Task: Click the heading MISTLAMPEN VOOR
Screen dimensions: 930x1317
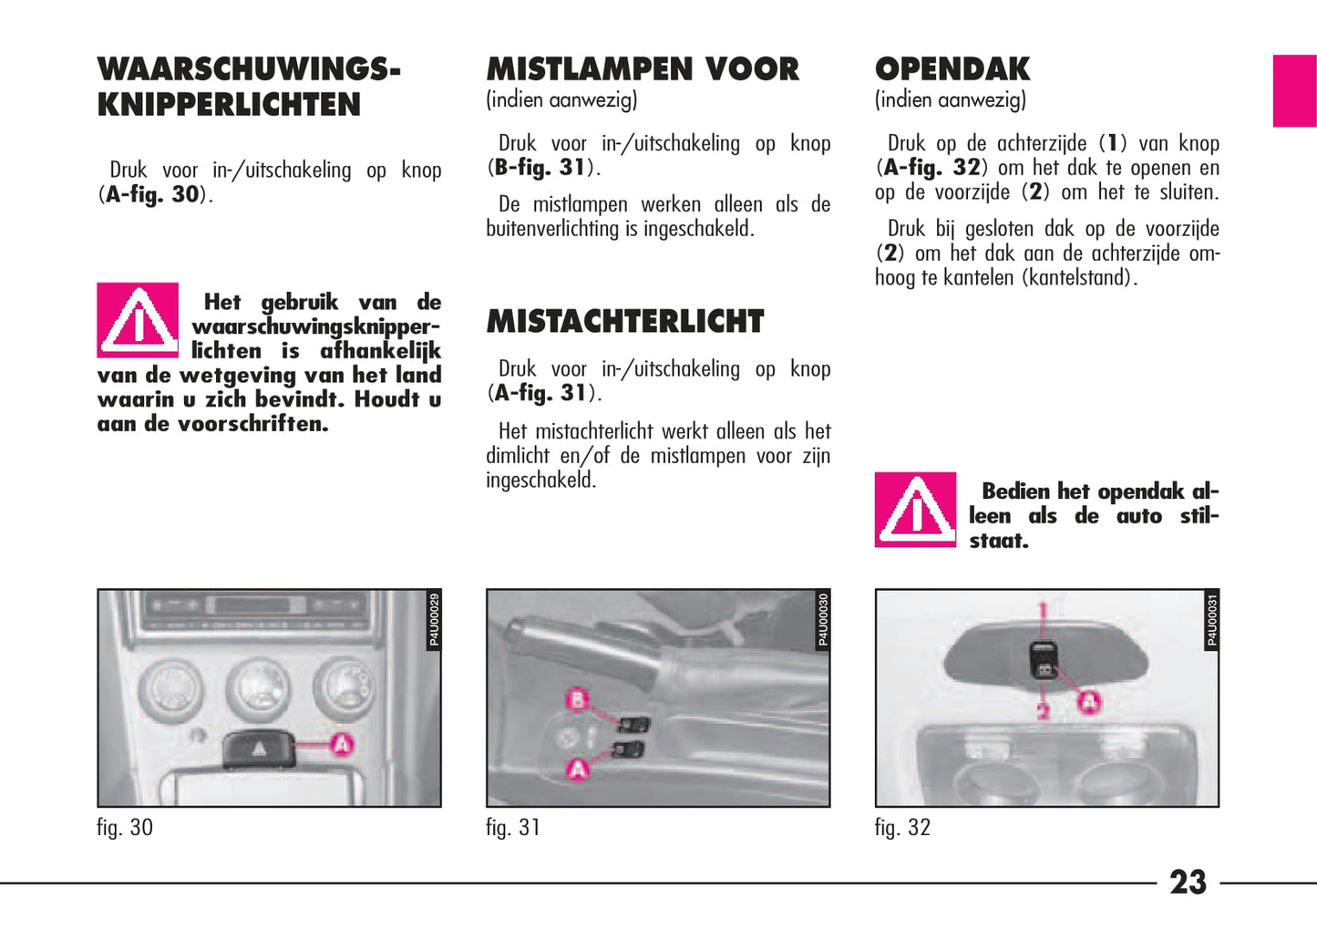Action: pyautogui.click(x=643, y=69)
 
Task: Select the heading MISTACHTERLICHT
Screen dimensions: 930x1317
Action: pyautogui.click(x=624, y=321)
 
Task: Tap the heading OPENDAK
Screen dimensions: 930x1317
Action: pyautogui.click(x=952, y=69)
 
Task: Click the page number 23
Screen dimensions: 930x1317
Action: pyautogui.click(x=1187, y=882)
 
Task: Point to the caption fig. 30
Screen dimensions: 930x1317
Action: pyautogui.click(x=125, y=827)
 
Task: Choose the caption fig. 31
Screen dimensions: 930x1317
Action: pyautogui.click(x=513, y=827)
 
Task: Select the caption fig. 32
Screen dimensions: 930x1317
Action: pyautogui.click(x=902, y=827)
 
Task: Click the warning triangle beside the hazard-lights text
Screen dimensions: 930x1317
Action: pyautogui.click(x=138, y=320)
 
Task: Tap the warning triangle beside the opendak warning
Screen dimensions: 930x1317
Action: pyautogui.click(x=915, y=509)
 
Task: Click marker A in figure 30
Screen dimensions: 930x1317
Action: pyautogui.click(x=341, y=744)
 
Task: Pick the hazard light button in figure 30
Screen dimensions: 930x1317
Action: pyautogui.click(x=260, y=749)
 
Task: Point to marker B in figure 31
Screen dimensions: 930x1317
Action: pyautogui.click(x=578, y=700)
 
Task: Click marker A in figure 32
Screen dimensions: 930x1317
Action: pyautogui.click(x=1089, y=702)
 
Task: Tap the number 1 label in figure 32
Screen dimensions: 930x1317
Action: pyautogui.click(x=1044, y=611)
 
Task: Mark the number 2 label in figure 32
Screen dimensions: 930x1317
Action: pyautogui.click(x=1044, y=710)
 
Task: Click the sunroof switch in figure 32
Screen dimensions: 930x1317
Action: pyautogui.click(x=1044, y=660)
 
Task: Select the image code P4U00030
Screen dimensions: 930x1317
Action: pyautogui.click(x=823, y=620)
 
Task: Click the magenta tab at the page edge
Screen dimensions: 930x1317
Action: pyautogui.click(x=1294, y=90)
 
